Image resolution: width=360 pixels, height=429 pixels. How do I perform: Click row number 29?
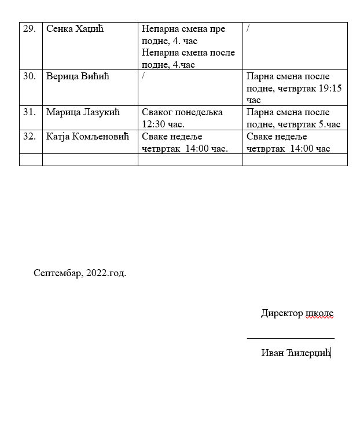point(30,29)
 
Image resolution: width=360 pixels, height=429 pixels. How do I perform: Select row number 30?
point(30,76)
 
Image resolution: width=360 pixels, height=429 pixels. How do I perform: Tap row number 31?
point(30,112)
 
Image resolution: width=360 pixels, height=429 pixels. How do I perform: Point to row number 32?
point(30,137)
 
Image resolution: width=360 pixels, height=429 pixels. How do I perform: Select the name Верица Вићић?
point(78,76)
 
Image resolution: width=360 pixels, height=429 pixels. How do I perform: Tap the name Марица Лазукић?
point(83,112)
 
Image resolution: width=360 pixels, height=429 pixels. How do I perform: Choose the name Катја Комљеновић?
point(87,137)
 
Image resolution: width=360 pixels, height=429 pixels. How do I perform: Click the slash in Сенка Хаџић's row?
point(248,28)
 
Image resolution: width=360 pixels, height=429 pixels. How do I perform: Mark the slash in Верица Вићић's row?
point(144,76)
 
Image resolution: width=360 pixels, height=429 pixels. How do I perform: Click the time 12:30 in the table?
point(153,124)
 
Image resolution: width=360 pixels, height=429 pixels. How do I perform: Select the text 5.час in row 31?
point(329,124)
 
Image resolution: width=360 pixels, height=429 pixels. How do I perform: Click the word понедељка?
point(199,112)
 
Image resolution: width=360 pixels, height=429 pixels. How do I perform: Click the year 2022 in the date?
point(96,273)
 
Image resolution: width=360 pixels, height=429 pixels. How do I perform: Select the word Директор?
point(281,313)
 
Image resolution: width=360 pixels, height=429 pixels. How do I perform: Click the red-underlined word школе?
point(319,313)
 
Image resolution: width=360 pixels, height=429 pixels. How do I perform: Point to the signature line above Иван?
point(291,337)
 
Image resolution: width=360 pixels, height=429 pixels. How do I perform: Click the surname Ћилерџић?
point(307,353)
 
